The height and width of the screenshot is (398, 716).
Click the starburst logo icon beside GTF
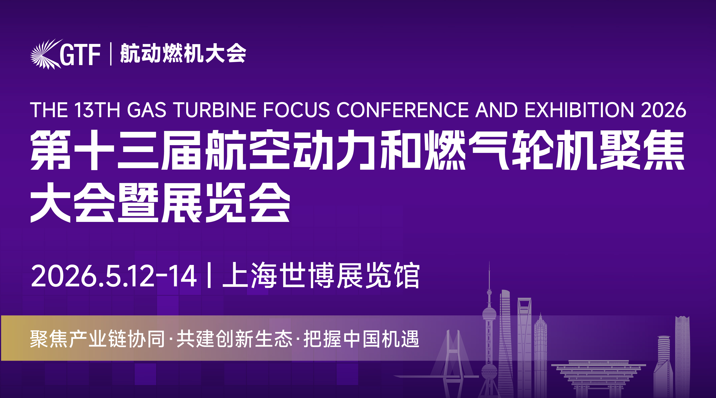(44, 54)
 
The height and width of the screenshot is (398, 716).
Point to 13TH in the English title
(97, 110)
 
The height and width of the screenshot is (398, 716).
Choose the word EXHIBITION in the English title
(579, 110)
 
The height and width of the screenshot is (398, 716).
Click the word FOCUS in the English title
(296, 110)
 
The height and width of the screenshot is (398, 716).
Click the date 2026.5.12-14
(114, 276)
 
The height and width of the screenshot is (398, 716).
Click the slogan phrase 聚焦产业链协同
(97, 339)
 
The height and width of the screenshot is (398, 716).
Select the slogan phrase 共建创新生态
(234, 339)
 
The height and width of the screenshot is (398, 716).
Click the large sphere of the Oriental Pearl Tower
(489, 314)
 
